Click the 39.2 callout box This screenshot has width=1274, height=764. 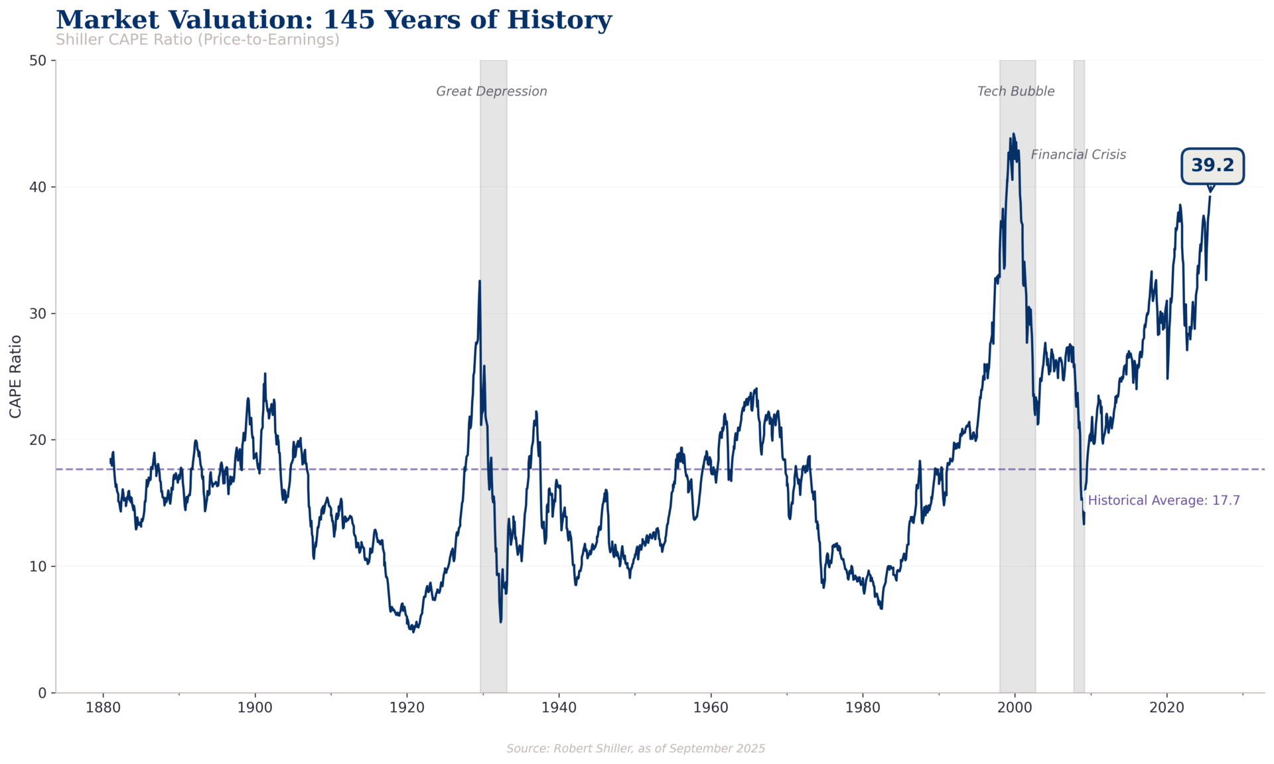click(1212, 166)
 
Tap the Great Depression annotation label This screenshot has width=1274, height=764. click(491, 92)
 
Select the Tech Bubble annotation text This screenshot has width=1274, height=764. click(1015, 92)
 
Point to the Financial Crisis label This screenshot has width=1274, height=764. click(1078, 155)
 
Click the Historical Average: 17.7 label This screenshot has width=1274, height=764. click(1163, 501)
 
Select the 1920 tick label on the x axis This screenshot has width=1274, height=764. click(407, 708)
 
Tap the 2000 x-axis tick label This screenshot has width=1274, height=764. click(1015, 708)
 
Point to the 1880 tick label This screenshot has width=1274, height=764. click(103, 708)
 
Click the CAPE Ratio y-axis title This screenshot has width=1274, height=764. click(16, 376)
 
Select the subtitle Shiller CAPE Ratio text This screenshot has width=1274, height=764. click(197, 40)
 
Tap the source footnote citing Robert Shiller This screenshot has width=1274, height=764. click(635, 749)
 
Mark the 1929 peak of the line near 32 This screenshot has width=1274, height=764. click(480, 281)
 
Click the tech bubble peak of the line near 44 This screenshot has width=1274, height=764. click(1013, 134)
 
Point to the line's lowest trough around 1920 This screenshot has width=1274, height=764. click(413, 631)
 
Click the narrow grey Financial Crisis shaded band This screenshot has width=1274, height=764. click(1079, 398)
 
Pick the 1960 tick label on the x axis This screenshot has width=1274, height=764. click(711, 708)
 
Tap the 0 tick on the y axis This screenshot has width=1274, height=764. click(43, 692)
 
